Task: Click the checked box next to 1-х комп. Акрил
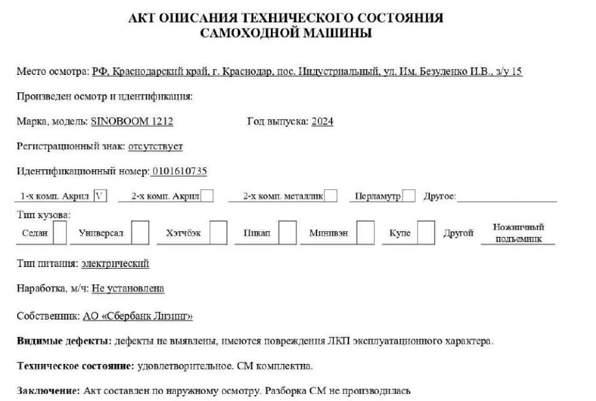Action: (x=100, y=196)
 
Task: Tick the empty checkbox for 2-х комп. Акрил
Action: (x=208, y=196)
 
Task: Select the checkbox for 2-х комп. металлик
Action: (x=330, y=196)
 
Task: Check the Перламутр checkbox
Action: (x=409, y=196)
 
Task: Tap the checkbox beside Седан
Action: (x=59, y=232)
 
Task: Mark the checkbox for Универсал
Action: (x=140, y=232)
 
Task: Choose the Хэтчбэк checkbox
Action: (x=218, y=232)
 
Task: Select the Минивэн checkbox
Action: (x=367, y=232)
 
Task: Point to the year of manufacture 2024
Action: (x=322, y=122)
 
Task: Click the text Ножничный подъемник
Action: (x=518, y=232)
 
